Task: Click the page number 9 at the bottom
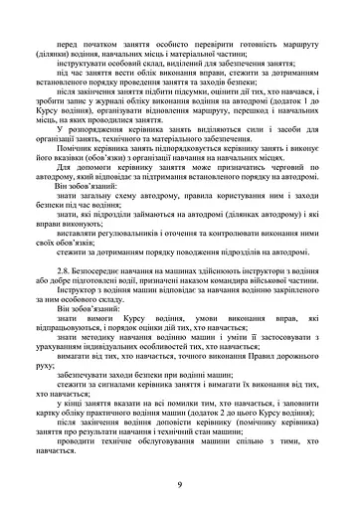pyautogui.click(x=179, y=484)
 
